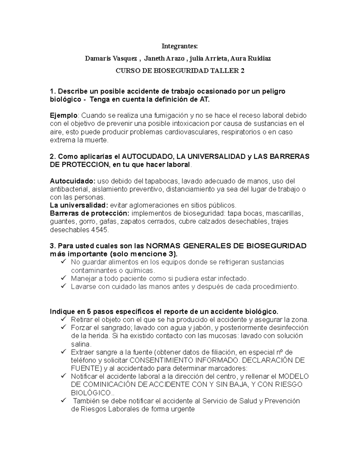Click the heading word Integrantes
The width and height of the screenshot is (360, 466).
[x=180, y=46]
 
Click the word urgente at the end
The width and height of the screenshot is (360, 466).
[x=182, y=409]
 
